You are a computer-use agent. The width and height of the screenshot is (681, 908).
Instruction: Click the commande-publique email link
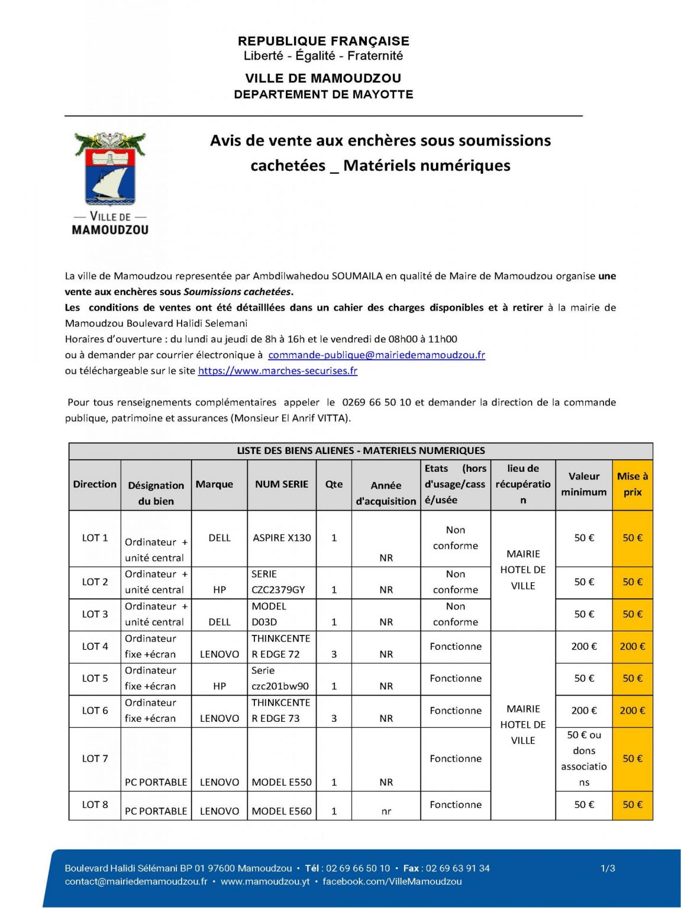pyautogui.click(x=376, y=355)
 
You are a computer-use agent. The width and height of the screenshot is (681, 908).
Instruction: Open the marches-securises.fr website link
pyautogui.click(x=277, y=371)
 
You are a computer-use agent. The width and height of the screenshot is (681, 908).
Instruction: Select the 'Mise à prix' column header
pyautogui.click(x=632, y=484)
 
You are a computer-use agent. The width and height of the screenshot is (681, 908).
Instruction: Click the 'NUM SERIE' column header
pyautogui.click(x=282, y=484)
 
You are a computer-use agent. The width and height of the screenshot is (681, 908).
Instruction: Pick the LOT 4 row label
pyautogui.click(x=95, y=646)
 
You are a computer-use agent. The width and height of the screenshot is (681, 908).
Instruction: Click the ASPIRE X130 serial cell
pyautogui.click(x=282, y=538)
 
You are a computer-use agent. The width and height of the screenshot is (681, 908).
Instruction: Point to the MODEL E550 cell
pyautogui.click(x=282, y=782)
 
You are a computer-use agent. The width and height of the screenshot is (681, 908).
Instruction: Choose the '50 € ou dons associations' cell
pyautogui.click(x=584, y=758)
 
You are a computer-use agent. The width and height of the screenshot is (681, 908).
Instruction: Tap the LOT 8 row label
pyautogui.click(x=95, y=805)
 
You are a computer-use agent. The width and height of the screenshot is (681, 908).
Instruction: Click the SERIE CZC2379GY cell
pyautogui.click(x=278, y=582)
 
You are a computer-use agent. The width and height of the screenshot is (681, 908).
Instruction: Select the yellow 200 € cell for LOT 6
pyautogui.click(x=632, y=711)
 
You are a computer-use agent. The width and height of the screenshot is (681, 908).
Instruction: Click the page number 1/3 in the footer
pyautogui.click(x=608, y=868)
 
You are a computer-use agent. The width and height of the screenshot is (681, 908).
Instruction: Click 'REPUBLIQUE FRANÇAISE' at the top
pyautogui.click(x=324, y=41)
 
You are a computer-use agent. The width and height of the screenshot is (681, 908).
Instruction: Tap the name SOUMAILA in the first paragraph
pyautogui.click(x=357, y=276)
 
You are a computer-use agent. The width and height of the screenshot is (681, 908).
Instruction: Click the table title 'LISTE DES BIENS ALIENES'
pyautogui.click(x=361, y=450)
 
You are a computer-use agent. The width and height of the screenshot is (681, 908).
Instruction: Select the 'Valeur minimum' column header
pyautogui.click(x=584, y=484)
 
